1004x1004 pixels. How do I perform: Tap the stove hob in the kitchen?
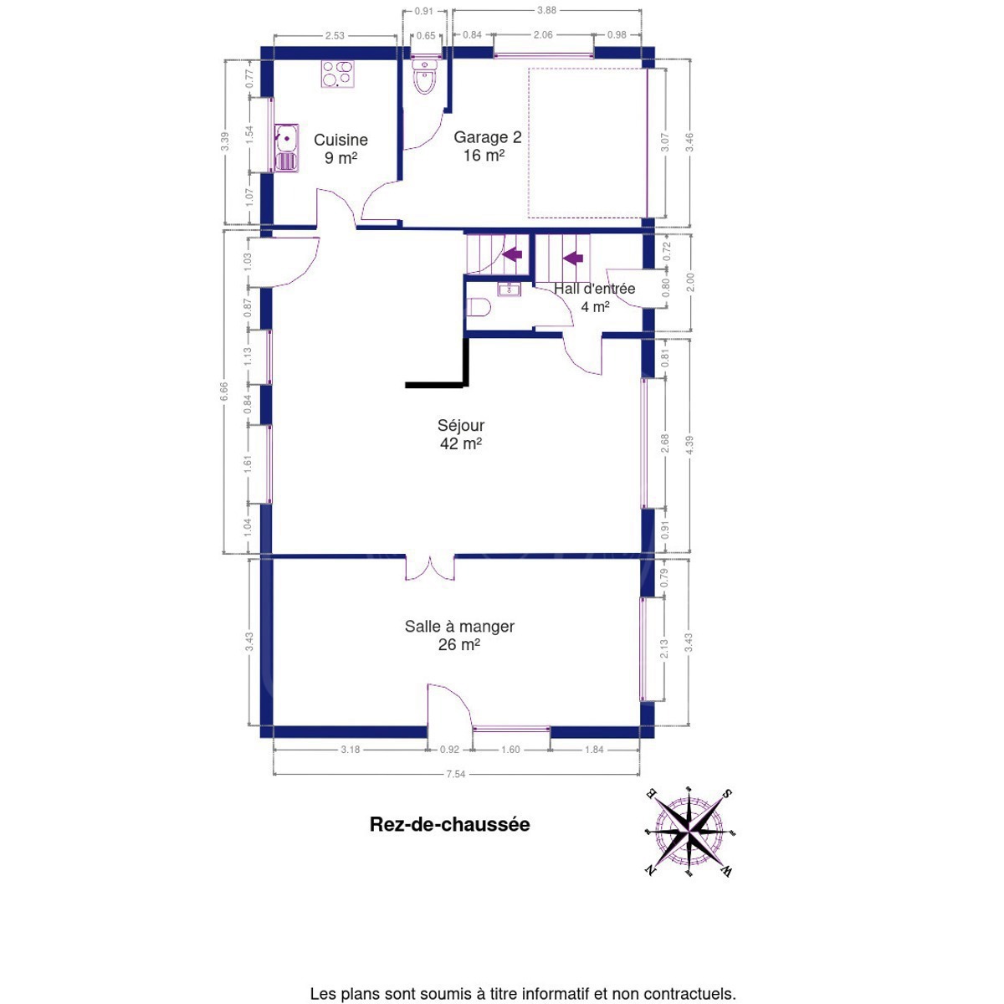click(x=337, y=74)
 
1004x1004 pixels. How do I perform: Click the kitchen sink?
click(x=285, y=148)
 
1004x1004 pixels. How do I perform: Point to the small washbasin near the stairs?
click(x=509, y=289)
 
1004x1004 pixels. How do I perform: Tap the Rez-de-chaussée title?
click(x=449, y=824)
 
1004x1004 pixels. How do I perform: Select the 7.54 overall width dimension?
click(x=455, y=774)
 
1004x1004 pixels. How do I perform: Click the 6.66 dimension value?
click(x=224, y=392)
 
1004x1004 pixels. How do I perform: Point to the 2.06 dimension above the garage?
click(x=543, y=35)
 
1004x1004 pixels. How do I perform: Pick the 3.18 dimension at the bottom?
click(x=350, y=750)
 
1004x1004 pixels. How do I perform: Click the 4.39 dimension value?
click(x=689, y=445)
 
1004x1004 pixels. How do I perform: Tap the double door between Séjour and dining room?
click(x=430, y=568)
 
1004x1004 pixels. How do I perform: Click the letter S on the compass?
click(x=726, y=794)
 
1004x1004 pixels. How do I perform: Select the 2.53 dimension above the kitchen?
click(x=335, y=36)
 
